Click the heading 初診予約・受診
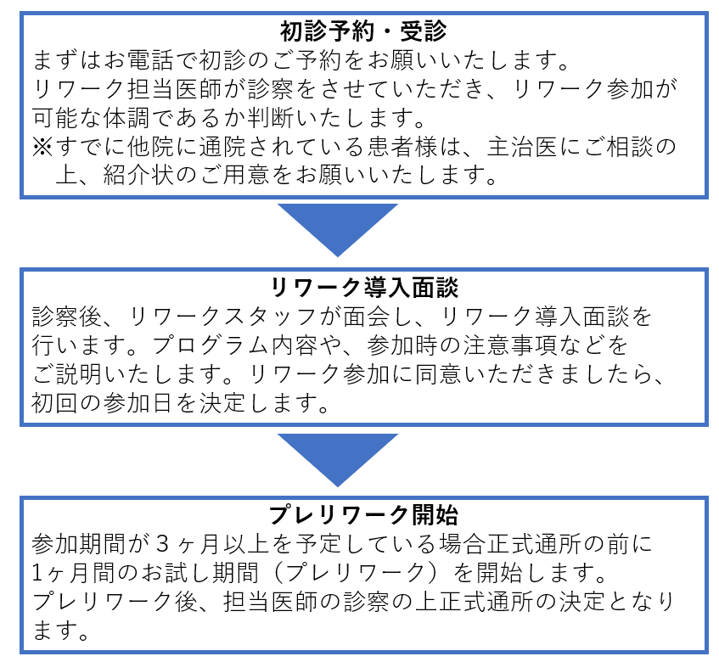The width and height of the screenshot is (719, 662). (x=363, y=31)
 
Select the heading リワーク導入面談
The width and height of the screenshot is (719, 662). (x=364, y=288)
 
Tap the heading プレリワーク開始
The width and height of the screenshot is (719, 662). (x=363, y=514)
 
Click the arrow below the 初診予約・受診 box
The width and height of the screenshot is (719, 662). (x=338, y=230)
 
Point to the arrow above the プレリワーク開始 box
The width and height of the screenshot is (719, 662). (x=338, y=460)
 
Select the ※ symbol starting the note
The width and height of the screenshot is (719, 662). (x=42, y=147)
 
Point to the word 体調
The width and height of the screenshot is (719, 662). (x=126, y=118)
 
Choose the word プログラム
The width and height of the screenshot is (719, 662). (x=211, y=345)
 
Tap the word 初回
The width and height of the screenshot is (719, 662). (x=54, y=403)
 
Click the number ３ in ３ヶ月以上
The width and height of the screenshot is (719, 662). (x=163, y=544)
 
